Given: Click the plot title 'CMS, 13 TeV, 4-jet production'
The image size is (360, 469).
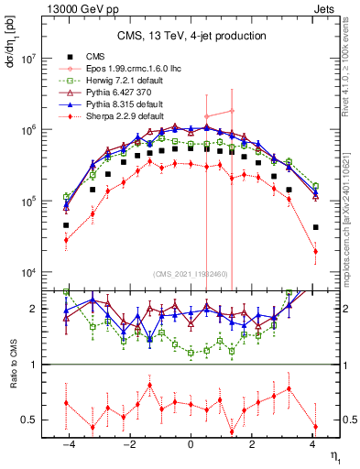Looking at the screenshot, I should click(x=191, y=36).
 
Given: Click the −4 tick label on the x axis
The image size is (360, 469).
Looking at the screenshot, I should click(x=67, y=444).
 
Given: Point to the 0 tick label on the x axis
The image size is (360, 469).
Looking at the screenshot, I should click(x=191, y=444).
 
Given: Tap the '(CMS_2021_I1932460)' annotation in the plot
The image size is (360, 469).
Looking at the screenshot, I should click(x=191, y=275).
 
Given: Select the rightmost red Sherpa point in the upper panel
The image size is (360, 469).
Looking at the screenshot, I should click(x=315, y=251).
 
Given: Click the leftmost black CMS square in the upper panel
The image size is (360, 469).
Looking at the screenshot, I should click(x=66, y=224).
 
